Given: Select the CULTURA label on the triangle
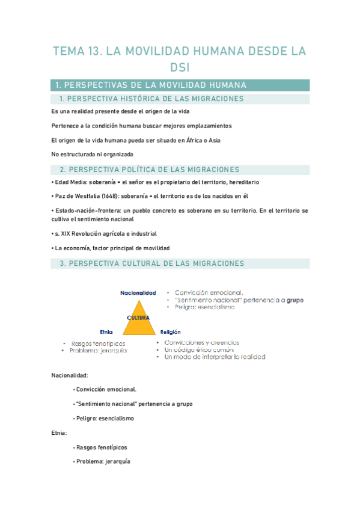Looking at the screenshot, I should pos(138,317).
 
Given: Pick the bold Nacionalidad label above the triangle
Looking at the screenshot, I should pos(138,293).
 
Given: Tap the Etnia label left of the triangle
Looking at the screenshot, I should pos(106,331).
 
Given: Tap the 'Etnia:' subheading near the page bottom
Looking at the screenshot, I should pos(59,432).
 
